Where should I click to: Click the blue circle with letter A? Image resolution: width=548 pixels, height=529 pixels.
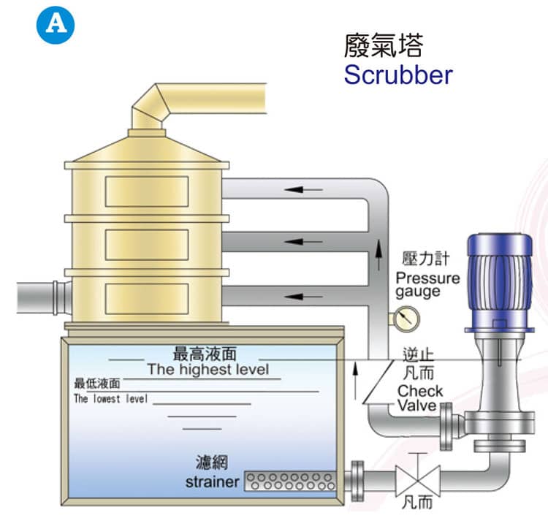(56, 25)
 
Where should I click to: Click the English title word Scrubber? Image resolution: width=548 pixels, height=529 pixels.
(397, 75)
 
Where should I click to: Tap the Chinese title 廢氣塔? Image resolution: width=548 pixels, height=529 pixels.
(383, 45)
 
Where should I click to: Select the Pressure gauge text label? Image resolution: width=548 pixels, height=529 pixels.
(427, 284)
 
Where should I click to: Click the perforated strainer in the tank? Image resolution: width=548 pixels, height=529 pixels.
(290, 482)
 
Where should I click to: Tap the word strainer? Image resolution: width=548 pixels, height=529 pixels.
(212, 482)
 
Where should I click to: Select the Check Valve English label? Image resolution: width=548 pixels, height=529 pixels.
(419, 398)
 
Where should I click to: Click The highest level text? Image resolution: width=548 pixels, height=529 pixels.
(208, 369)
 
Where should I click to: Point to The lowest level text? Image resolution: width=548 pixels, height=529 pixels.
(110, 399)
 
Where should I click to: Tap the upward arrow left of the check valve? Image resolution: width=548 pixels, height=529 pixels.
(356, 378)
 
